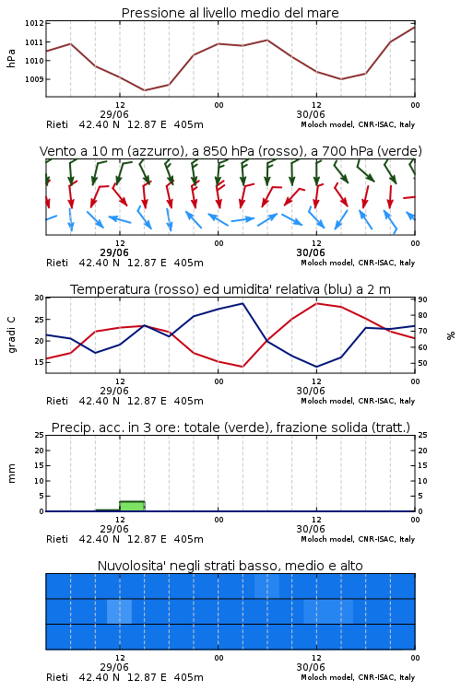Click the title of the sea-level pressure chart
(x=230, y=13)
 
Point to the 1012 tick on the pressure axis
(x=34, y=23)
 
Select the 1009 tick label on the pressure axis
(x=34, y=79)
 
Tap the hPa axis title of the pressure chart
(x=11, y=58)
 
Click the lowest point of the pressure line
(x=144, y=90)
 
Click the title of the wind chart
(x=230, y=151)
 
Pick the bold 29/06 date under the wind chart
(x=114, y=252)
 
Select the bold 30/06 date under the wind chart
(x=311, y=252)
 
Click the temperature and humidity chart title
(x=230, y=289)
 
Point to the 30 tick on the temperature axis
(x=40, y=298)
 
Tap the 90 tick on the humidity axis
(x=422, y=299)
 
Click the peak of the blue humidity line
(x=242, y=303)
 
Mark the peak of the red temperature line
(x=317, y=303)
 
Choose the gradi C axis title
(x=11, y=335)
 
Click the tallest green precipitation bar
(x=133, y=506)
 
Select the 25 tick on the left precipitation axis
(x=40, y=435)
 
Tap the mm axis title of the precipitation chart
(x=11, y=474)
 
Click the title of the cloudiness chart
(x=230, y=566)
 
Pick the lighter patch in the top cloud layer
(x=266, y=586)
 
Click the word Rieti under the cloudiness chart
(x=57, y=677)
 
